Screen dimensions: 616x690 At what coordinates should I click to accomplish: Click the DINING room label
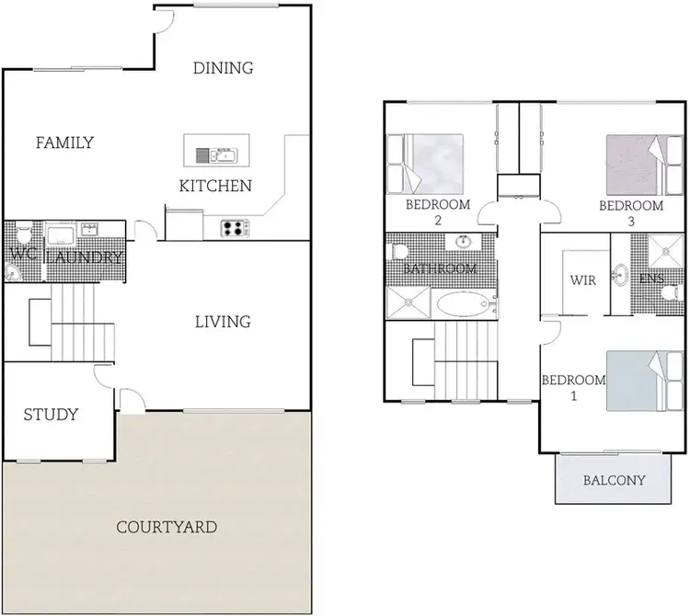coord(223,67)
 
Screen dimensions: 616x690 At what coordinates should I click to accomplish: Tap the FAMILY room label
coord(64,143)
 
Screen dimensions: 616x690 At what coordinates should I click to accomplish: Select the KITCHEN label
coord(215,187)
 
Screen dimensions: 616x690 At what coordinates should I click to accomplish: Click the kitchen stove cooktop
coord(234,227)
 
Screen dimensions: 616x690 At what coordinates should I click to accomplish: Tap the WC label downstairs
coord(22,254)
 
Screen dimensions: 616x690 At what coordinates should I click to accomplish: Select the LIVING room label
coord(223,322)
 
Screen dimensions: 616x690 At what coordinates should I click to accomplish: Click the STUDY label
coord(51,415)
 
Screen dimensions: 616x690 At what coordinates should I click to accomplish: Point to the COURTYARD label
coord(167,528)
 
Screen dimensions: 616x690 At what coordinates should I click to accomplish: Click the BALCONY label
coord(615,480)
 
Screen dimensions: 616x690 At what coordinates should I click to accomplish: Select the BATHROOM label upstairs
coord(441,269)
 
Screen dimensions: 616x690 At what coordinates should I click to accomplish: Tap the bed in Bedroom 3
coord(633,162)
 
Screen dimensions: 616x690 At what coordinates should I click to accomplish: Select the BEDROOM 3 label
coord(631,212)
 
